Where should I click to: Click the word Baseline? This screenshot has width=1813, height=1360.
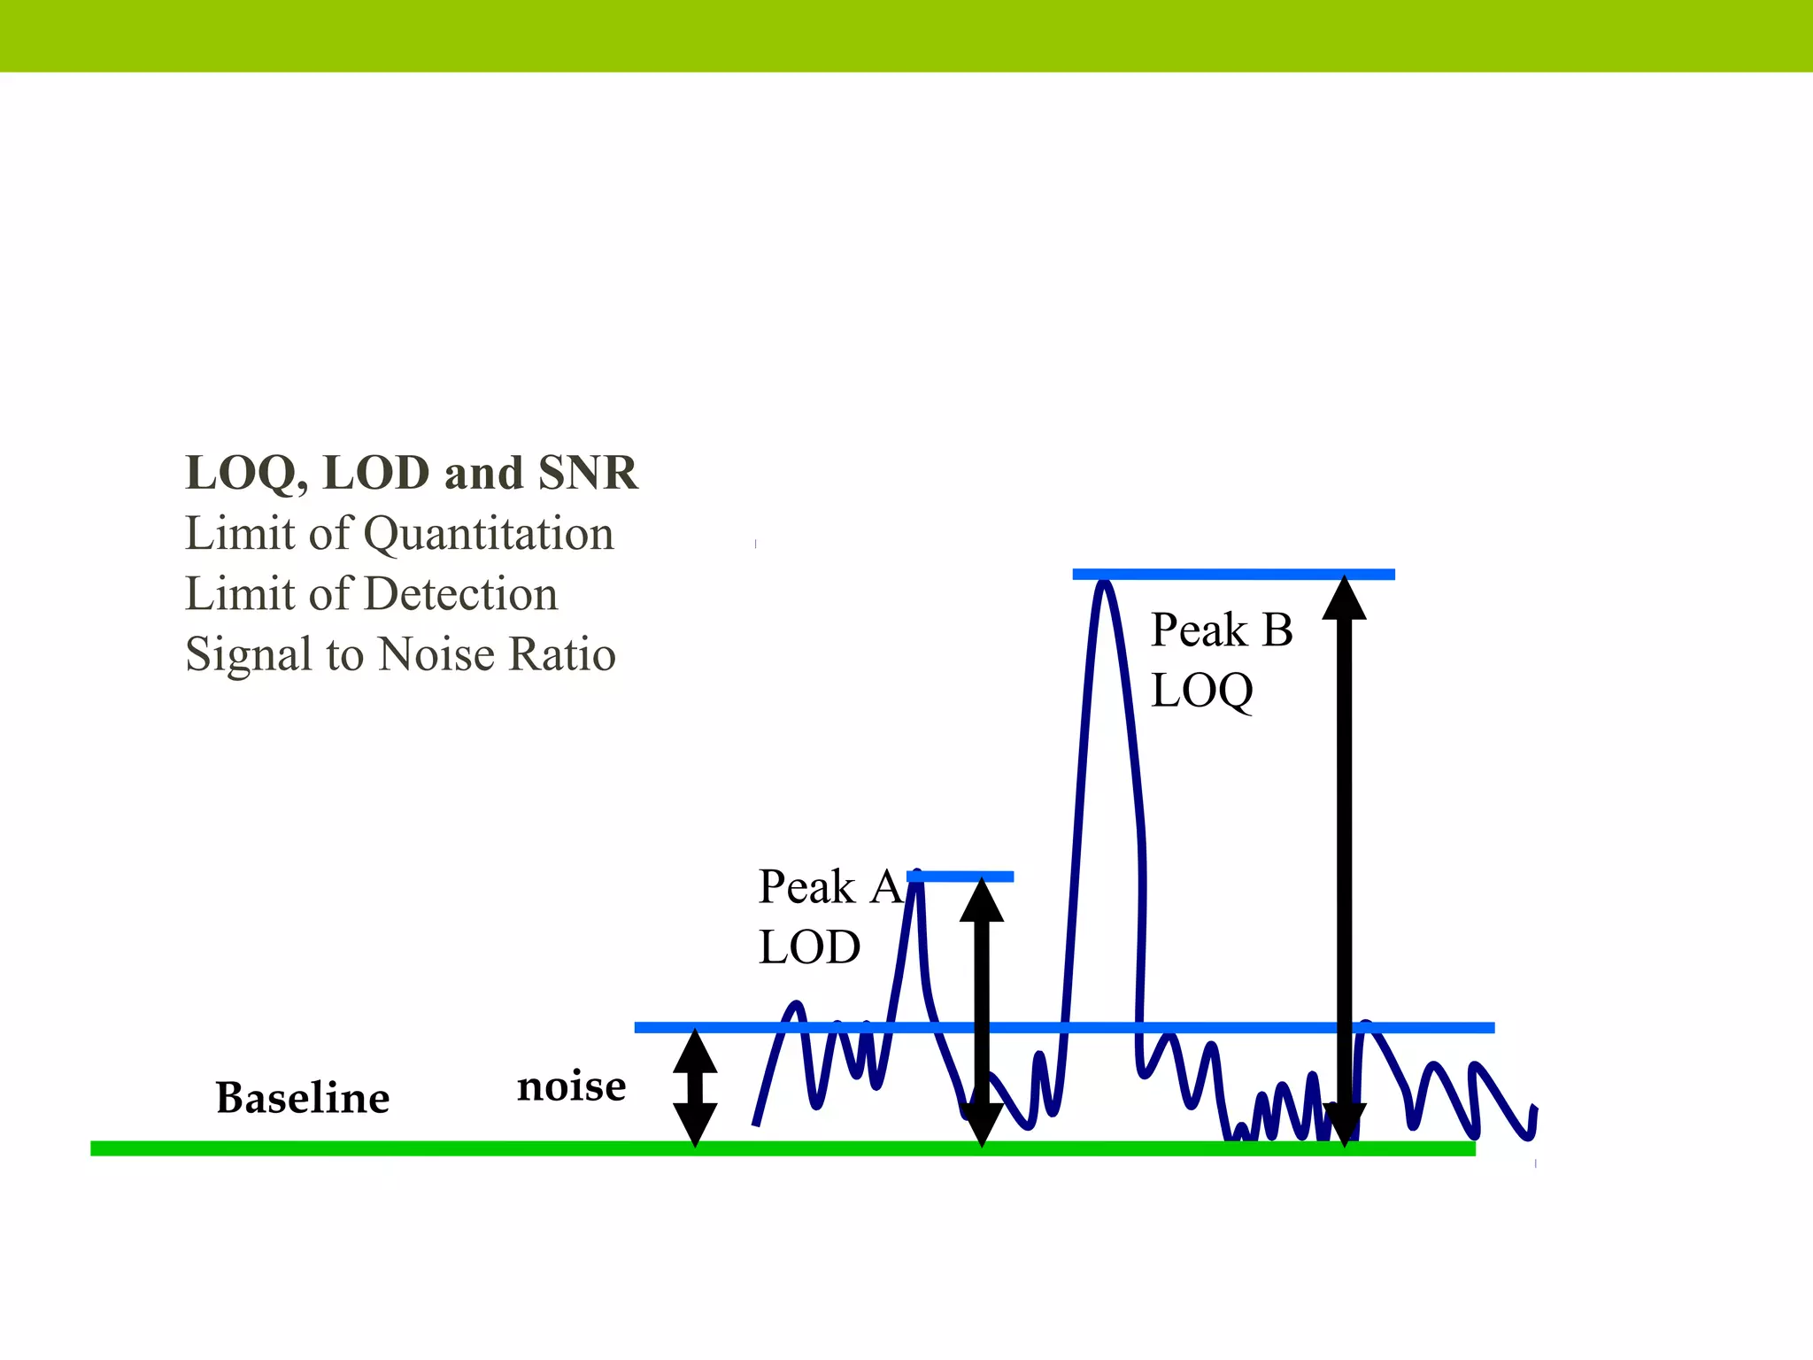pos(303,1098)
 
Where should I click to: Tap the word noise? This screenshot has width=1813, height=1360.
pos(571,1086)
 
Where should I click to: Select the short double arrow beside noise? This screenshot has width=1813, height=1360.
pos(695,1088)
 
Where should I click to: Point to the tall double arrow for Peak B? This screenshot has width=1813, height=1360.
pos(1345,859)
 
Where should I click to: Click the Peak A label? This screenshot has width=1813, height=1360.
pos(829,887)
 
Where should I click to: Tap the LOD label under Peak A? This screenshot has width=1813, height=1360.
pos(809,947)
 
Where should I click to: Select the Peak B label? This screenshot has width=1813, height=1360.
pos(1222,630)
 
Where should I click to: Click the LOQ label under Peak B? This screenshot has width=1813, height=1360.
pos(1202,691)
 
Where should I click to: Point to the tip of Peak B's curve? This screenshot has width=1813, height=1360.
pos(1104,584)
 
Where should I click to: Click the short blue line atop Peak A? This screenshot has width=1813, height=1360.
pos(961,877)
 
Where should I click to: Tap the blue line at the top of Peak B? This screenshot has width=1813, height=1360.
pos(1233,575)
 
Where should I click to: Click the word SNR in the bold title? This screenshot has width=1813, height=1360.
pos(588,473)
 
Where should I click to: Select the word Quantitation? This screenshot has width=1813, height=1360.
pos(489,534)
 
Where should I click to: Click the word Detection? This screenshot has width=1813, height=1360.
pos(461,594)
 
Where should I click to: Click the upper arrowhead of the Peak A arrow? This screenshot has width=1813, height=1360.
pos(982,901)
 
